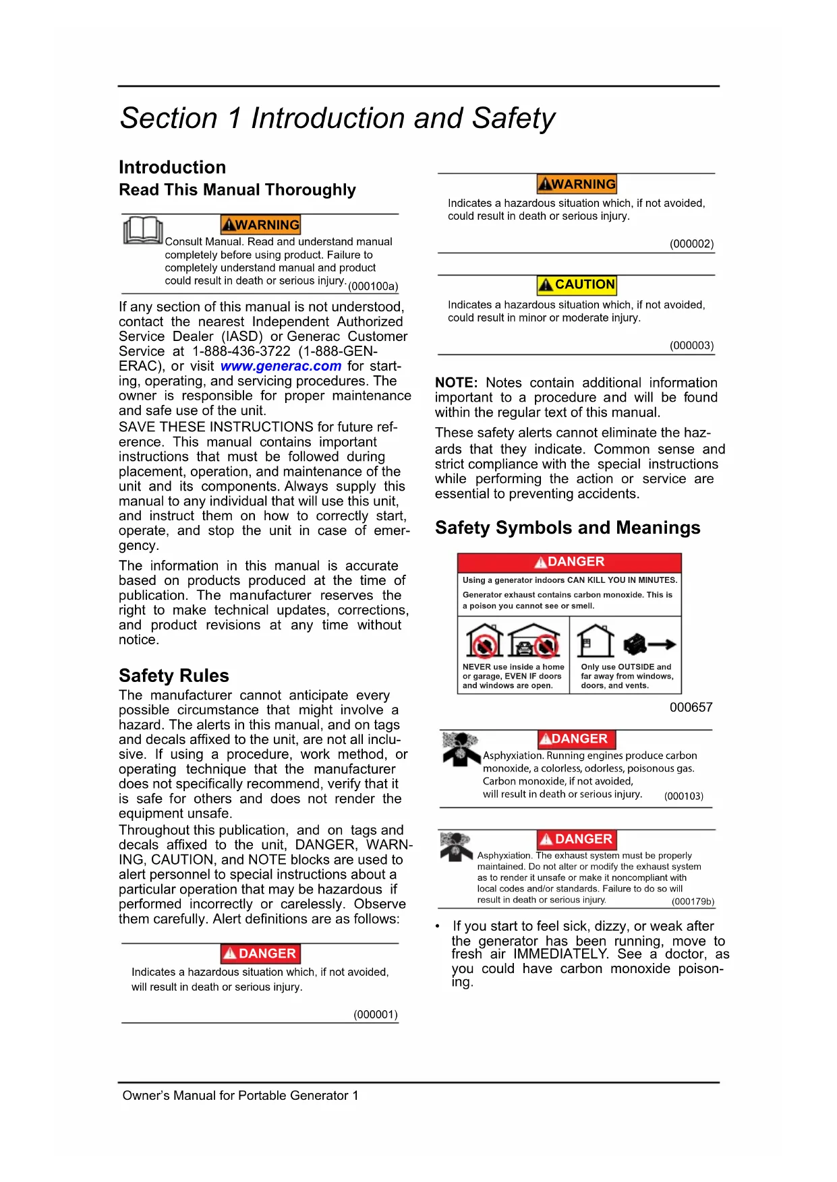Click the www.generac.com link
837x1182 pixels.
(x=281, y=366)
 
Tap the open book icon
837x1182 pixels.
(x=143, y=230)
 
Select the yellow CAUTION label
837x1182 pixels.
(x=577, y=284)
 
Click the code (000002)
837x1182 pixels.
(x=691, y=244)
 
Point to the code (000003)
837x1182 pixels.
(x=691, y=346)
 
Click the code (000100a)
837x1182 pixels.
(x=373, y=286)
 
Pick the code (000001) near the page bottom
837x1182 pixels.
(x=376, y=1014)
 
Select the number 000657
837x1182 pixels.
(x=691, y=707)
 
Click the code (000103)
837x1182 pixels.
(x=683, y=796)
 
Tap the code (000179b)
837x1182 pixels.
(x=693, y=902)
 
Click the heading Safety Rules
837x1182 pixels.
(x=174, y=675)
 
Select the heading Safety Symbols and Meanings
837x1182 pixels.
(x=567, y=528)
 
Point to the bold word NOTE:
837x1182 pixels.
(x=456, y=383)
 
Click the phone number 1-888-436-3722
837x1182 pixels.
(x=241, y=351)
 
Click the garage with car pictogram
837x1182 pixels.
(x=533, y=641)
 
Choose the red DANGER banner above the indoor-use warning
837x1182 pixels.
(x=569, y=562)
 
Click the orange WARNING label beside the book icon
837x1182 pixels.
(x=260, y=224)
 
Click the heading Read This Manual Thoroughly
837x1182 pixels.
(x=237, y=190)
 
